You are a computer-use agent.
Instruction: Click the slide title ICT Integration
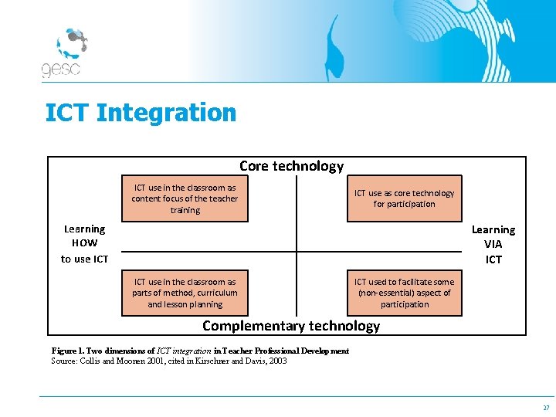[x=141, y=113]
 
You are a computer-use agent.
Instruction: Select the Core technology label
[x=291, y=166]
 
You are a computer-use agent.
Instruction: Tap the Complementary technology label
[x=291, y=326]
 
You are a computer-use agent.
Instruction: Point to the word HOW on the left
[x=84, y=243]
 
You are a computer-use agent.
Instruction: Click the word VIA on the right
[x=493, y=244]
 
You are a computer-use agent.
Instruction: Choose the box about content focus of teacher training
[x=185, y=198]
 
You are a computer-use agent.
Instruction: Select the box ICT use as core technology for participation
[x=404, y=198]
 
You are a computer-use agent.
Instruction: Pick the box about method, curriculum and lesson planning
[x=185, y=293]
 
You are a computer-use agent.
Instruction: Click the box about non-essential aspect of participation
[x=404, y=293]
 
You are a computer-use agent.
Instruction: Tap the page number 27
[x=546, y=408]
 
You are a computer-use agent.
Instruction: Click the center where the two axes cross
[x=297, y=252]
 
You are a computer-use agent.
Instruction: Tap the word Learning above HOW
[x=84, y=229]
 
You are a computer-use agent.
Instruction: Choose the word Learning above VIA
[x=493, y=229]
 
